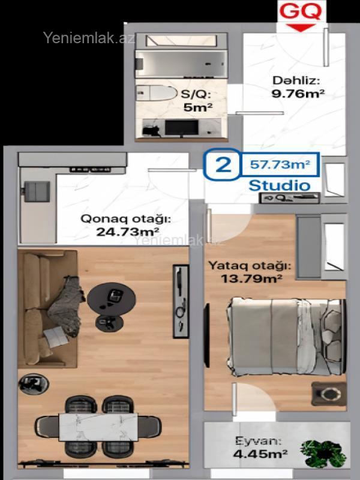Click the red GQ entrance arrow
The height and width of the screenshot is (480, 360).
(x=301, y=28)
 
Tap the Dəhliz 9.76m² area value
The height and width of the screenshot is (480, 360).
(x=298, y=94)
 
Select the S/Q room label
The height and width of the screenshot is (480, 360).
(x=196, y=94)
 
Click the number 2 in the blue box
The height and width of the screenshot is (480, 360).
(x=223, y=164)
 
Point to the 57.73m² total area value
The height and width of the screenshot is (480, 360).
(x=280, y=164)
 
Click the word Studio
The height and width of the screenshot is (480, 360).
(x=280, y=185)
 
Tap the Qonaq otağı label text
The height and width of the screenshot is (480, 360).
(x=125, y=219)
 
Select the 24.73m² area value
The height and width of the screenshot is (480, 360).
(x=127, y=232)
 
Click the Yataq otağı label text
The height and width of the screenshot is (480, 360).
(x=250, y=266)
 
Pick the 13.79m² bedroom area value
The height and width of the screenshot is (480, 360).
(x=251, y=278)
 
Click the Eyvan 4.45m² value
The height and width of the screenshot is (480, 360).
(x=260, y=454)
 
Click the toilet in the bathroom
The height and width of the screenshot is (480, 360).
(x=157, y=93)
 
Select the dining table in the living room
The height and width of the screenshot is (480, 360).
(x=98, y=427)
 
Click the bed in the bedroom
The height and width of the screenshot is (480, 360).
(x=284, y=336)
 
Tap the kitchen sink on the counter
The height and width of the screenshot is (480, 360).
(x=37, y=191)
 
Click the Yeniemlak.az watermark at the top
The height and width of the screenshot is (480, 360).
(x=89, y=38)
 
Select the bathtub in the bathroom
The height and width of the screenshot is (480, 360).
(x=182, y=64)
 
